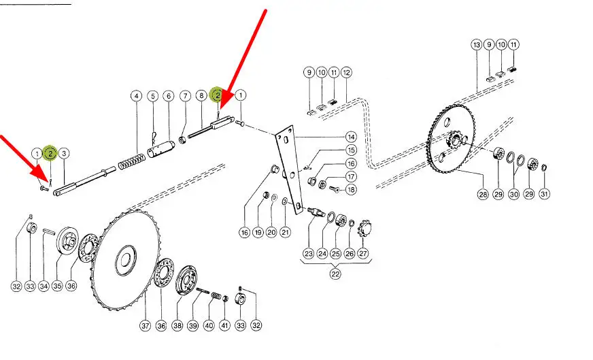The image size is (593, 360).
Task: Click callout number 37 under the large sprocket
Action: pos(146,325)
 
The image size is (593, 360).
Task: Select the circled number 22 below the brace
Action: pos(335,274)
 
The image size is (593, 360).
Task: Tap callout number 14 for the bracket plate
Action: pos(351,137)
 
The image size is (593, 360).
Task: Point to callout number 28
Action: pos(483,195)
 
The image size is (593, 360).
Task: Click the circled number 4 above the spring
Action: pos(136,96)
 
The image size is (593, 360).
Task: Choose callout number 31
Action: pos(544,194)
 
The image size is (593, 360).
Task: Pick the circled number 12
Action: pos(346,72)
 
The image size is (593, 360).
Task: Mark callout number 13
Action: pos(477,45)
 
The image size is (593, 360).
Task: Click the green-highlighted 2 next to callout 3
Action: pos(50,153)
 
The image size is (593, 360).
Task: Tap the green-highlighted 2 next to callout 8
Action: pos(218,95)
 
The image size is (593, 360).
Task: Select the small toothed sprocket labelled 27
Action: pos(365,228)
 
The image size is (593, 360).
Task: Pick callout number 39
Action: pos(193,325)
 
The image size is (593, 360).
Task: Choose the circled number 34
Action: pos(44,286)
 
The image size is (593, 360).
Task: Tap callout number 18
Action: pos(351,189)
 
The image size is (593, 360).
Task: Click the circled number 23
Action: pos(309,253)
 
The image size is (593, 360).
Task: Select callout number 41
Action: pos(225,325)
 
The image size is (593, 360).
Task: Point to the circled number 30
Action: pos(513,194)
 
